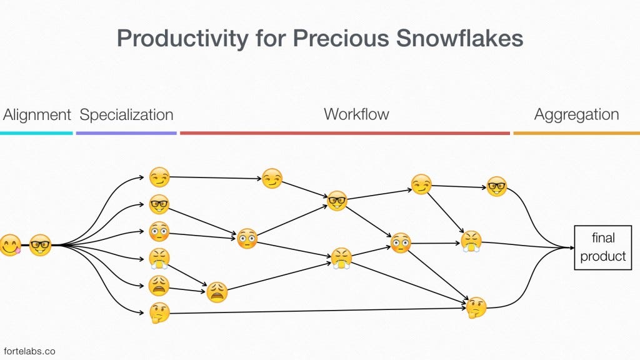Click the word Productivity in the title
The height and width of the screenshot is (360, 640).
coord(182,39)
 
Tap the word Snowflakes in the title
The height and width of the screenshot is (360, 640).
coord(459,38)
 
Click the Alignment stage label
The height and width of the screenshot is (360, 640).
coord(37,115)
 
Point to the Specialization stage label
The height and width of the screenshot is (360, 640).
coord(126,115)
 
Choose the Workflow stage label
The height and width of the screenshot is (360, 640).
coord(356,114)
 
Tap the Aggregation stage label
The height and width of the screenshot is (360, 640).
coord(577,115)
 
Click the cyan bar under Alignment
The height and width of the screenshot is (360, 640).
coord(36,133)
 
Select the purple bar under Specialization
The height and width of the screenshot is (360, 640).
coord(126,133)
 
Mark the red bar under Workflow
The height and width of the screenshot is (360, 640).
coord(345,133)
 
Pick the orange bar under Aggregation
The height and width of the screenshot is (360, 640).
coord(577,133)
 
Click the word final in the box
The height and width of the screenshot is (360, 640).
coord(603,237)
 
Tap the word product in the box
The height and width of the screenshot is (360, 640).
coord(603,256)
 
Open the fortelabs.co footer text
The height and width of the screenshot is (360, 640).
coord(29,351)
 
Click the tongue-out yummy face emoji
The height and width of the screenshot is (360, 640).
coord(10,245)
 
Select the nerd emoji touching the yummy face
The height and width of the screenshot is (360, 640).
coord(41,245)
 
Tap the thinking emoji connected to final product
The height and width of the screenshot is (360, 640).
coord(476,307)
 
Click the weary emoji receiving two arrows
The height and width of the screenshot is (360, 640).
coord(217,292)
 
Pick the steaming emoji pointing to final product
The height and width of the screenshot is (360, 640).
coord(471,242)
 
